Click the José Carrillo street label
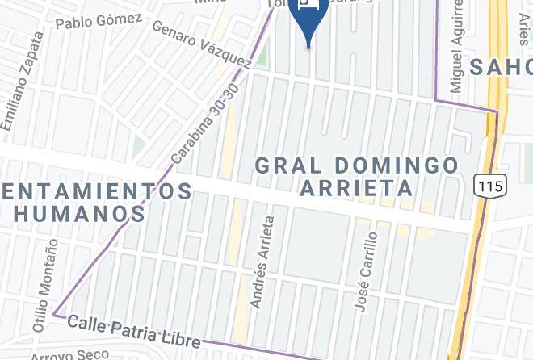[x=366, y=272]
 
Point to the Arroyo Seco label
[x=69, y=354]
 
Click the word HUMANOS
[x=79, y=214]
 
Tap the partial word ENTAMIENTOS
[x=97, y=191]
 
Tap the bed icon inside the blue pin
[x=308, y=3]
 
